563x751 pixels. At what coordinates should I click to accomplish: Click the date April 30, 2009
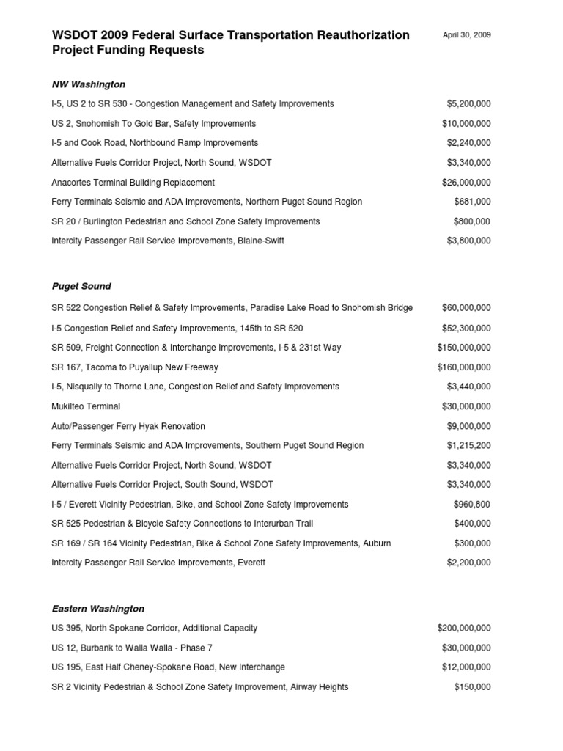coord(467,35)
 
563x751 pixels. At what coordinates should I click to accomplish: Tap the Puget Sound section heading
coord(81,286)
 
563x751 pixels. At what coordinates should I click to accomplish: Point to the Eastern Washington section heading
coord(98,609)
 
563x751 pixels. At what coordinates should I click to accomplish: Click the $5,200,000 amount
coord(468,104)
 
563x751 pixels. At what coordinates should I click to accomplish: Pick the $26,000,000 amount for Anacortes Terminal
coord(466,183)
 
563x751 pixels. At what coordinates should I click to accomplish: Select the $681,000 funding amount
coord(472,202)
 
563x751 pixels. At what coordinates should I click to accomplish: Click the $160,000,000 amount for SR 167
coord(464,367)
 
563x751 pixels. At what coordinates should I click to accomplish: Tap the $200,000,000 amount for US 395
coord(464,629)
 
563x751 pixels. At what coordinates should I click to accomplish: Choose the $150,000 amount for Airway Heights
coord(472,687)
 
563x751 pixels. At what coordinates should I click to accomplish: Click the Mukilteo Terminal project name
coord(86,406)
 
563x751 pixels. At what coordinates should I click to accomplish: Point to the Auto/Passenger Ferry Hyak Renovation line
coord(128,426)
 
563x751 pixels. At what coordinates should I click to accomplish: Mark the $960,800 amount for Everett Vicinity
coord(472,504)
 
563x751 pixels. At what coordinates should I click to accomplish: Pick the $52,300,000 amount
coord(466,329)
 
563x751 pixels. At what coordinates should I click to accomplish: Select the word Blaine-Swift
coord(260,241)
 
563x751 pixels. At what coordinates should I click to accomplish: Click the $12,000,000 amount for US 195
coord(466,667)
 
